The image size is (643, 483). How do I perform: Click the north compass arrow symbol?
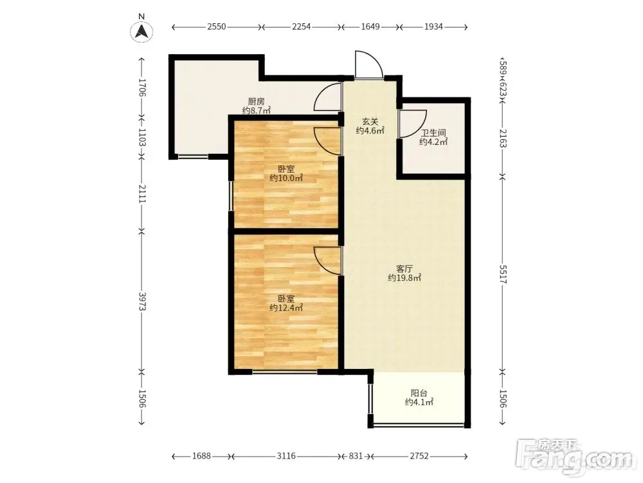[142, 31]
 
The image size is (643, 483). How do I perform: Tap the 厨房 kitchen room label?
[256, 102]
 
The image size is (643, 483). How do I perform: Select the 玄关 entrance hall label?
[370, 122]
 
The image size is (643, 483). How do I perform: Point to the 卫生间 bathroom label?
[433, 133]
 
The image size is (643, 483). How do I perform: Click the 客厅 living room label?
[404, 269]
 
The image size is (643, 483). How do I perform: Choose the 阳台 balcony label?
[419, 393]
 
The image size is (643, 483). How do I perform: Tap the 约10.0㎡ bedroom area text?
[286, 178]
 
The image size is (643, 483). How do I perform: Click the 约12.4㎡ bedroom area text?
[286, 308]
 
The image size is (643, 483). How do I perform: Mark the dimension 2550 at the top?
[216, 26]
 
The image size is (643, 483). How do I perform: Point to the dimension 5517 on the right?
[503, 274]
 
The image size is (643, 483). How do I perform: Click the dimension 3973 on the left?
[142, 301]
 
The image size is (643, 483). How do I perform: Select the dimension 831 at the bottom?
[356, 456]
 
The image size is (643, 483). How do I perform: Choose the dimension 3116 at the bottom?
[286, 456]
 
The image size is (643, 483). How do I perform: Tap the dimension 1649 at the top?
[370, 26]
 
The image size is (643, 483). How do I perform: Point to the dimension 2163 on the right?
[503, 138]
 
